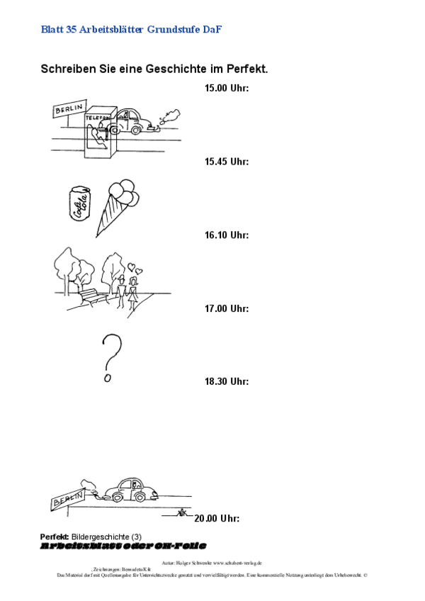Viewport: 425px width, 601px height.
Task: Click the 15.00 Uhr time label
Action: point(227,89)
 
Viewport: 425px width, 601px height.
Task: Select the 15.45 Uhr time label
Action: point(227,162)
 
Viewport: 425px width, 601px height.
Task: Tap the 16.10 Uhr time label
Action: point(227,235)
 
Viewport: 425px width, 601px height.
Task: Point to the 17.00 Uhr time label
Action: point(227,308)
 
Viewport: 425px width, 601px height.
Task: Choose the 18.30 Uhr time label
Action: point(227,381)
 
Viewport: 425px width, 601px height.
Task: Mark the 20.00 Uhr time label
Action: point(217,518)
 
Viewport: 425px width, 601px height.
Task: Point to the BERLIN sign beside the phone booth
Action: point(69,109)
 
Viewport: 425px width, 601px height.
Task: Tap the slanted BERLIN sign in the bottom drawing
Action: point(63,501)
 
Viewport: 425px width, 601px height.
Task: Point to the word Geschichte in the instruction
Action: point(167,69)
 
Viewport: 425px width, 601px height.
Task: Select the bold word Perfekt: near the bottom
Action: point(54,537)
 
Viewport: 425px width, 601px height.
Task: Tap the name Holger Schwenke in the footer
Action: point(193,562)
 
